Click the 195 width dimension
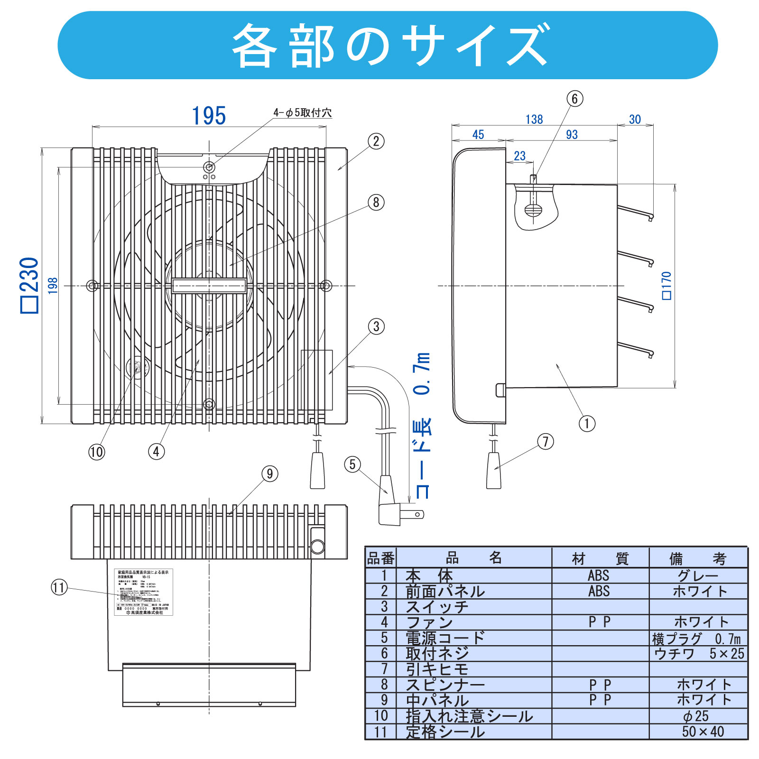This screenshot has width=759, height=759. click(x=209, y=116)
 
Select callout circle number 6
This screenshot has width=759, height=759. click(x=574, y=99)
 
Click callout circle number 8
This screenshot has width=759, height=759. click(x=376, y=203)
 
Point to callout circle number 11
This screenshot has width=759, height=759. click(x=59, y=588)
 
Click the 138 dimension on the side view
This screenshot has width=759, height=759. click(x=534, y=120)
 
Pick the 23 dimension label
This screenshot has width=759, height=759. click(x=520, y=156)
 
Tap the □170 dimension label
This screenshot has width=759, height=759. click(x=666, y=286)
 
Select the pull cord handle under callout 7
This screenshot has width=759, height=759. click(x=493, y=471)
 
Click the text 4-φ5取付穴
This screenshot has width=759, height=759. click(x=303, y=113)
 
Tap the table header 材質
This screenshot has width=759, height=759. click(x=600, y=559)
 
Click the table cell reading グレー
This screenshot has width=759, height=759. click(x=698, y=575)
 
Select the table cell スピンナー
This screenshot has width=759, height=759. click(x=445, y=685)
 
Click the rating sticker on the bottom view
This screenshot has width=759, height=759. click(x=144, y=592)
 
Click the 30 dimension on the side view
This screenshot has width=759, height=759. click(x=635, y=120)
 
